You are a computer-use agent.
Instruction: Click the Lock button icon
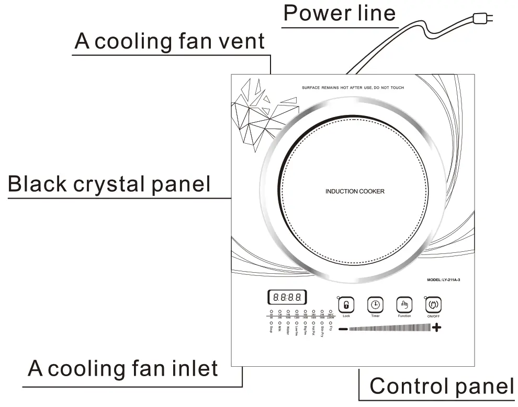click(346, 305)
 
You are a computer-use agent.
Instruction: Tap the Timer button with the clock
click(375, 305)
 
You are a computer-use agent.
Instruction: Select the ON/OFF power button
click(433, 305)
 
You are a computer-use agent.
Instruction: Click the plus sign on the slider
click(436, 328)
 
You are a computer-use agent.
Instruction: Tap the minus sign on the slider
click(343, 329)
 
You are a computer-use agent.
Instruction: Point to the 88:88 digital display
click(287, 298)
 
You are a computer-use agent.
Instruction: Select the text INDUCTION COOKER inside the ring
click(355, 191)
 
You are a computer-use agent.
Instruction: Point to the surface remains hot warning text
click(353, 88)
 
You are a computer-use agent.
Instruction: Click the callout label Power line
click(340, 13)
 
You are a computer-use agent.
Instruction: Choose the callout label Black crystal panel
click(109, 184)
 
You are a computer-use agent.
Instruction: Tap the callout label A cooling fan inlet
click(123, 368)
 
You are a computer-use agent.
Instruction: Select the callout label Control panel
click(442, 386)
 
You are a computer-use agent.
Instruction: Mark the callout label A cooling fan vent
click(170, 41)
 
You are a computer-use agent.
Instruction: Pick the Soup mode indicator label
click(271, 329)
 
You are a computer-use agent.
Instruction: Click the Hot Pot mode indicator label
click(313, 330)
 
